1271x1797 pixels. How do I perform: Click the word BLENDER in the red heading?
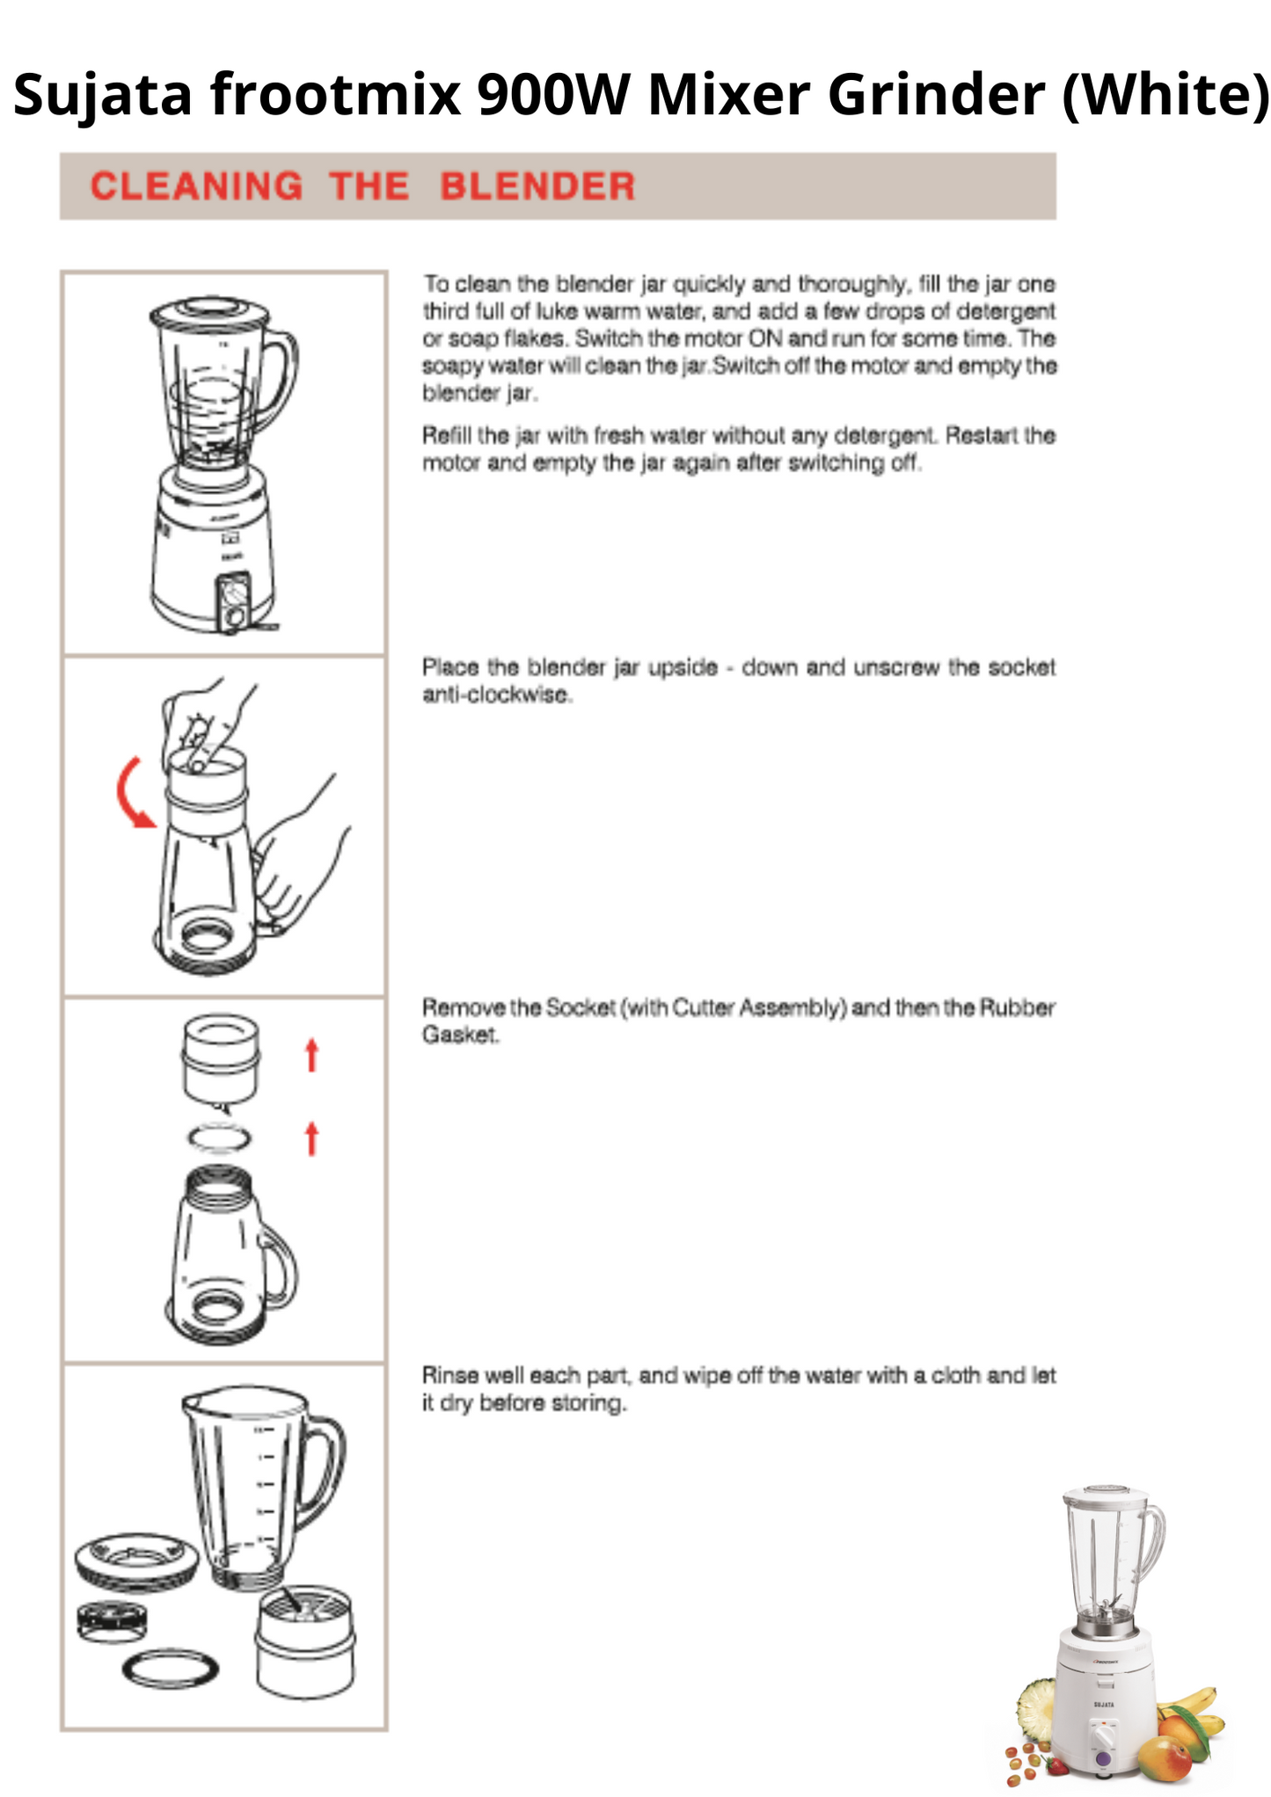click(537, 186)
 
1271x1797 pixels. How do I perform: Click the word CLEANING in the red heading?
click(196, 186)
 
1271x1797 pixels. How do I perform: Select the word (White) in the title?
click(1165, 94)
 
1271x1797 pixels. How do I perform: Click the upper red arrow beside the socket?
click(311, 1055)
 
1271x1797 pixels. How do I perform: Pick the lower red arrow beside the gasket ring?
click(311, 1138)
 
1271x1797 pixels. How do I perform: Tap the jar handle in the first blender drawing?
click(280, 378)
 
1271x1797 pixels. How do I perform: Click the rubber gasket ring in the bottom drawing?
click(170, 1668)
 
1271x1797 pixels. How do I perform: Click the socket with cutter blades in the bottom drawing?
click(305, 1641)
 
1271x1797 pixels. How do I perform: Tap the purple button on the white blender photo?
click(1103, 1758)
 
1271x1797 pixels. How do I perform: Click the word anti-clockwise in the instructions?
click(497, 695)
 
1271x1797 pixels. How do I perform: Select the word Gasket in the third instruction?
click(459, 1035)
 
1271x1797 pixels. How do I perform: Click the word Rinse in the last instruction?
click(449, 1374)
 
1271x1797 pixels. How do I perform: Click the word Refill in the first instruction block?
click(449, 435)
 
